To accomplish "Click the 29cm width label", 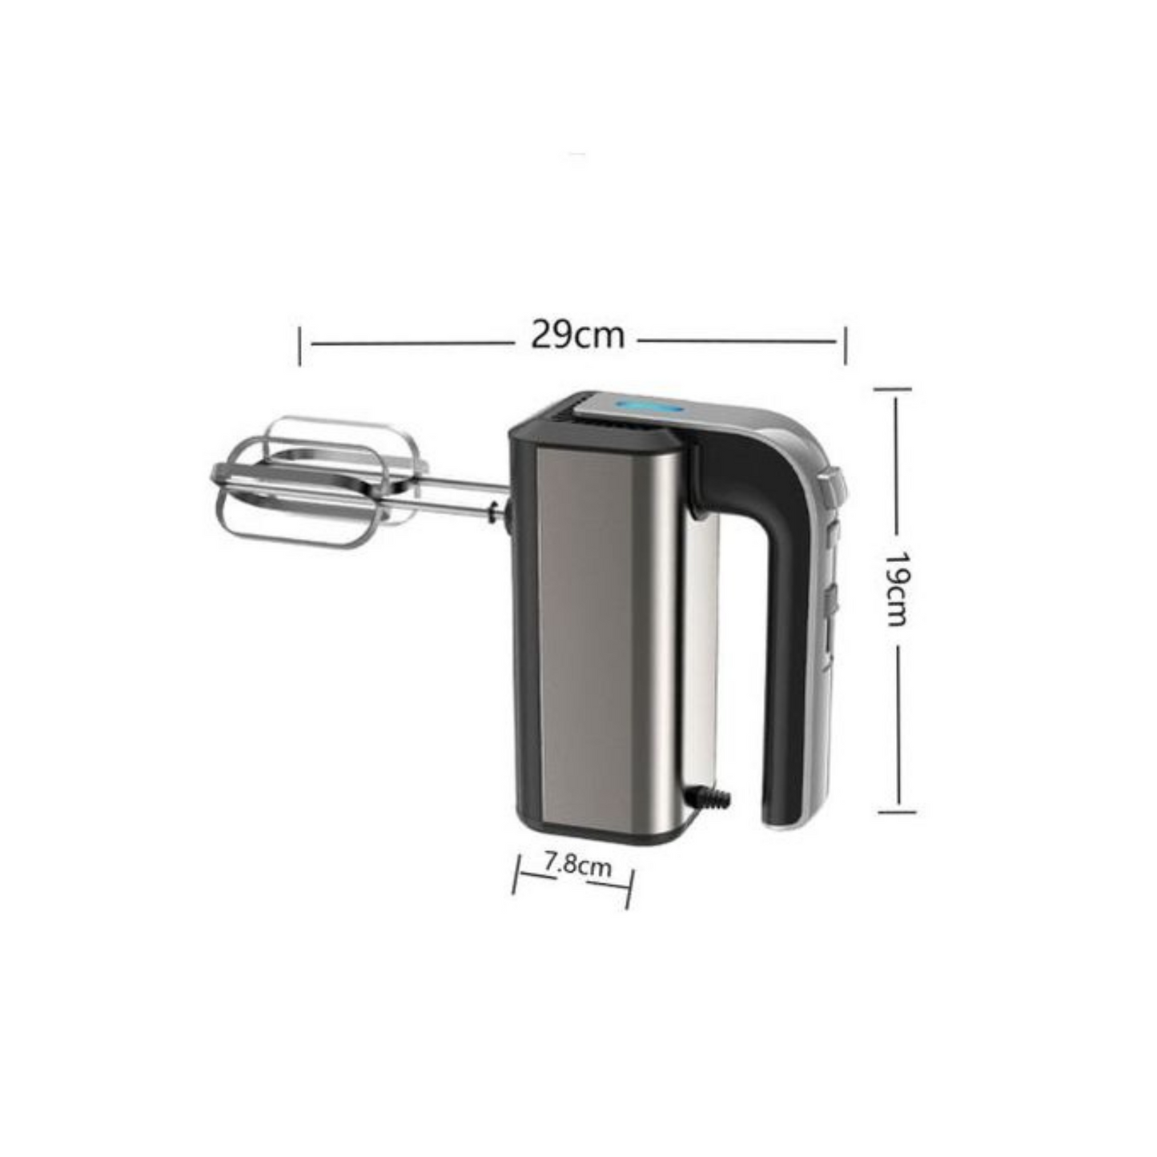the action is (x=577, y=337).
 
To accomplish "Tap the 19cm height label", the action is (x=898, y=588).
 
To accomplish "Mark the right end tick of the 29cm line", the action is (x=846, y=345).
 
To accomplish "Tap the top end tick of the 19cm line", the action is (x=893, y=389).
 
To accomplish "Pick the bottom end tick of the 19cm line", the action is (x=898, y=812).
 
